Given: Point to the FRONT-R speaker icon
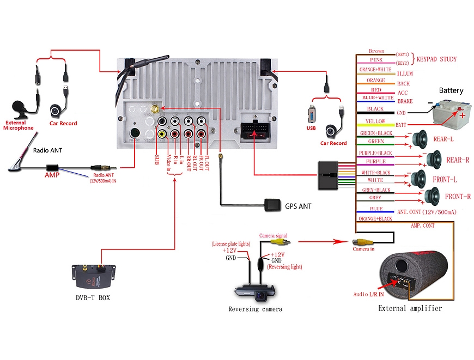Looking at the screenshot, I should [x=431, y=196].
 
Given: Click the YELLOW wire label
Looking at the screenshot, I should [x=376, y=121].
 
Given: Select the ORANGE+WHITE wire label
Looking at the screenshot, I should [x=376, y=70].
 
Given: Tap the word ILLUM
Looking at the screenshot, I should [x=405, y=74].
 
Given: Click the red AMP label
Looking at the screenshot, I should [x=52, y=175].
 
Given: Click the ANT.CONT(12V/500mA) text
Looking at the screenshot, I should [x=427, y=212].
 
